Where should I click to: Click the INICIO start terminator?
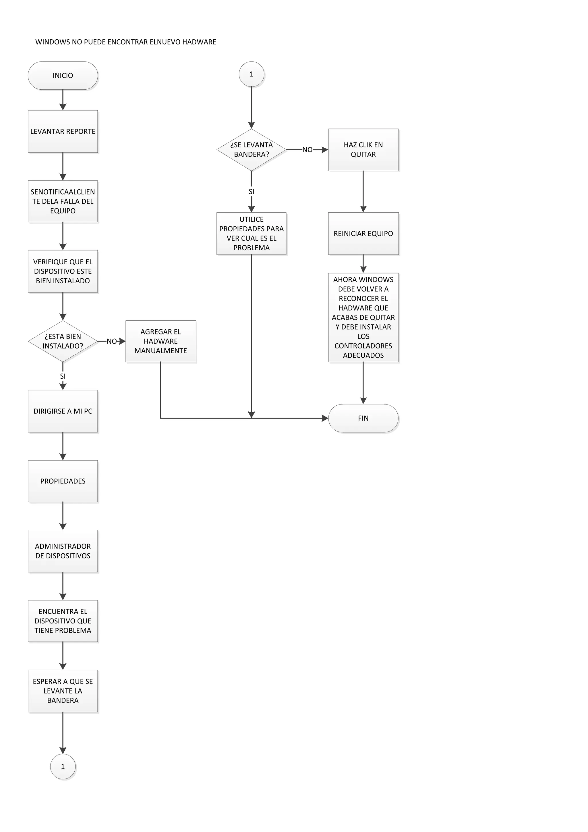click(63, 75)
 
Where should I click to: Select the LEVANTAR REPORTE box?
click(63, 131)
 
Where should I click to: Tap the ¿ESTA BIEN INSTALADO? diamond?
click(63, 341)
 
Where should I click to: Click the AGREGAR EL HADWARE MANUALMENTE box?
click(160, 341)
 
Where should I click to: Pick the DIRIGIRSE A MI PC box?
click(63, 411)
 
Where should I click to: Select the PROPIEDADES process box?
click(63, 481)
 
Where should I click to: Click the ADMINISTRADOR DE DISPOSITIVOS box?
click(63, 551)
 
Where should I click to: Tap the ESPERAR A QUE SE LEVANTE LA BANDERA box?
click(63, 691)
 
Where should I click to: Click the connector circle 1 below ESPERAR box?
click(63, 766)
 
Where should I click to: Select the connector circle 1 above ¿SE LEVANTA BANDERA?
click(251, 74)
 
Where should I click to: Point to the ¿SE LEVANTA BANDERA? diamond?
click(251, 150)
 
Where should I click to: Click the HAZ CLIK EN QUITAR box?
click(363, 150)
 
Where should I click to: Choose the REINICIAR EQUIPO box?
click(363, 233)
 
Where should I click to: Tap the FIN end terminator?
click(363, 418)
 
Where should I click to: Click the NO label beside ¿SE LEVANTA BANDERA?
click(307, 150)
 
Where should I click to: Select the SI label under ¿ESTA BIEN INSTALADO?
click(63, 376)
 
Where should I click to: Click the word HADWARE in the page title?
click(199, 42)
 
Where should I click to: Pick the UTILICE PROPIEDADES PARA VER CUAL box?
click(251, 233)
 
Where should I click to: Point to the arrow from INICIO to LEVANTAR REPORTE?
click(63, 100)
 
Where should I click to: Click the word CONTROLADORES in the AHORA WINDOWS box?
click(363, 346)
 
